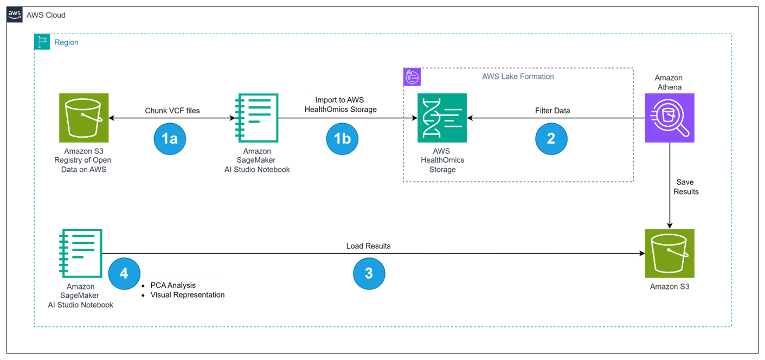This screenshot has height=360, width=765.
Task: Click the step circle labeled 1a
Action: click(x=170, y=139)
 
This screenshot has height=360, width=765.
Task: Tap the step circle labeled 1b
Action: click(x=342, y=139)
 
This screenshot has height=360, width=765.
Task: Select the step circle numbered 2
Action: click(x=551, y=138)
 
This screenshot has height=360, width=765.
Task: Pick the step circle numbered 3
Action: click(x=369, y=273)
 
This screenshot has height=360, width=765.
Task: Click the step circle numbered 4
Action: click(x=124, y=273)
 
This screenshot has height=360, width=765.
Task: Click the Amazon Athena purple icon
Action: click(x=669, y=118)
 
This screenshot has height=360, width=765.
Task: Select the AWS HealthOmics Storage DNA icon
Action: click(x=442, y=118)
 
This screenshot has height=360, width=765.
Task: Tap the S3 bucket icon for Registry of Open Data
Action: click(x=83, y=118)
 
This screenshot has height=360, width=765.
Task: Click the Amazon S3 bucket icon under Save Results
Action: click(x=669, y=253)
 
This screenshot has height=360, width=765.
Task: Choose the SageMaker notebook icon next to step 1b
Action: click(x=258, y=118)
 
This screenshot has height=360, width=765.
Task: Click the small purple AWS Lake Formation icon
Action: click(x=412, y=77)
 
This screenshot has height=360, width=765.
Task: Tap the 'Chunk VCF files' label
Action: click(x=172, y=111)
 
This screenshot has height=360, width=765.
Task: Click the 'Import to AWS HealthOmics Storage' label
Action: click(x=340, y=105)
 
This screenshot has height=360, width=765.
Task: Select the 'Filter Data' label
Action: click(x=552, y=111)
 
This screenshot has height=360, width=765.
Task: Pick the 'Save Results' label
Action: click(x=686, y=187)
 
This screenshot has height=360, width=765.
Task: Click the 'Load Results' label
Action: click(x=369, y=246)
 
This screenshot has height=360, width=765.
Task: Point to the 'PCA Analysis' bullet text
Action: click(x=173, y=285)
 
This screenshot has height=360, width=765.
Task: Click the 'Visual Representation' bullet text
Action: click(x=187, y=295)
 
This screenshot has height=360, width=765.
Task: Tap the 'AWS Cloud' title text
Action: click(x=46, y=15)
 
